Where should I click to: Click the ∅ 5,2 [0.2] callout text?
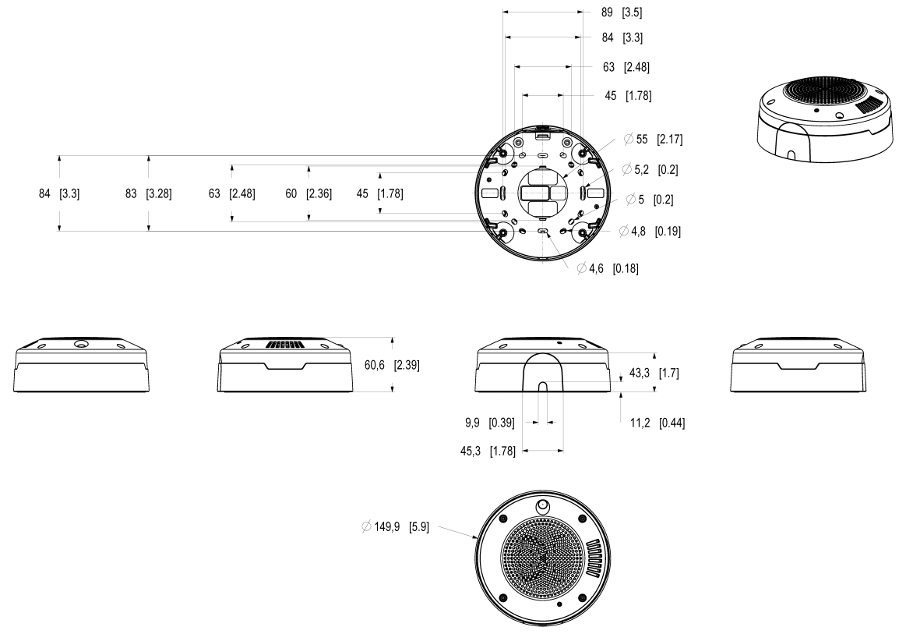tap(650, 169)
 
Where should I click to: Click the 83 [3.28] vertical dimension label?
tap(148, 193)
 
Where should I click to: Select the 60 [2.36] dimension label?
tap(308, 193)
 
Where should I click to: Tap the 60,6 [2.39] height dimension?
tap(392, 365)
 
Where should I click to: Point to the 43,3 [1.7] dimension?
tap(653, 374)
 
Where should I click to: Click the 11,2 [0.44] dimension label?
tap(656, 423)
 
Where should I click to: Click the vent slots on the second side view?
tap(283, 345)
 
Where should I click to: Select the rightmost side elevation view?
tap(798, 367)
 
